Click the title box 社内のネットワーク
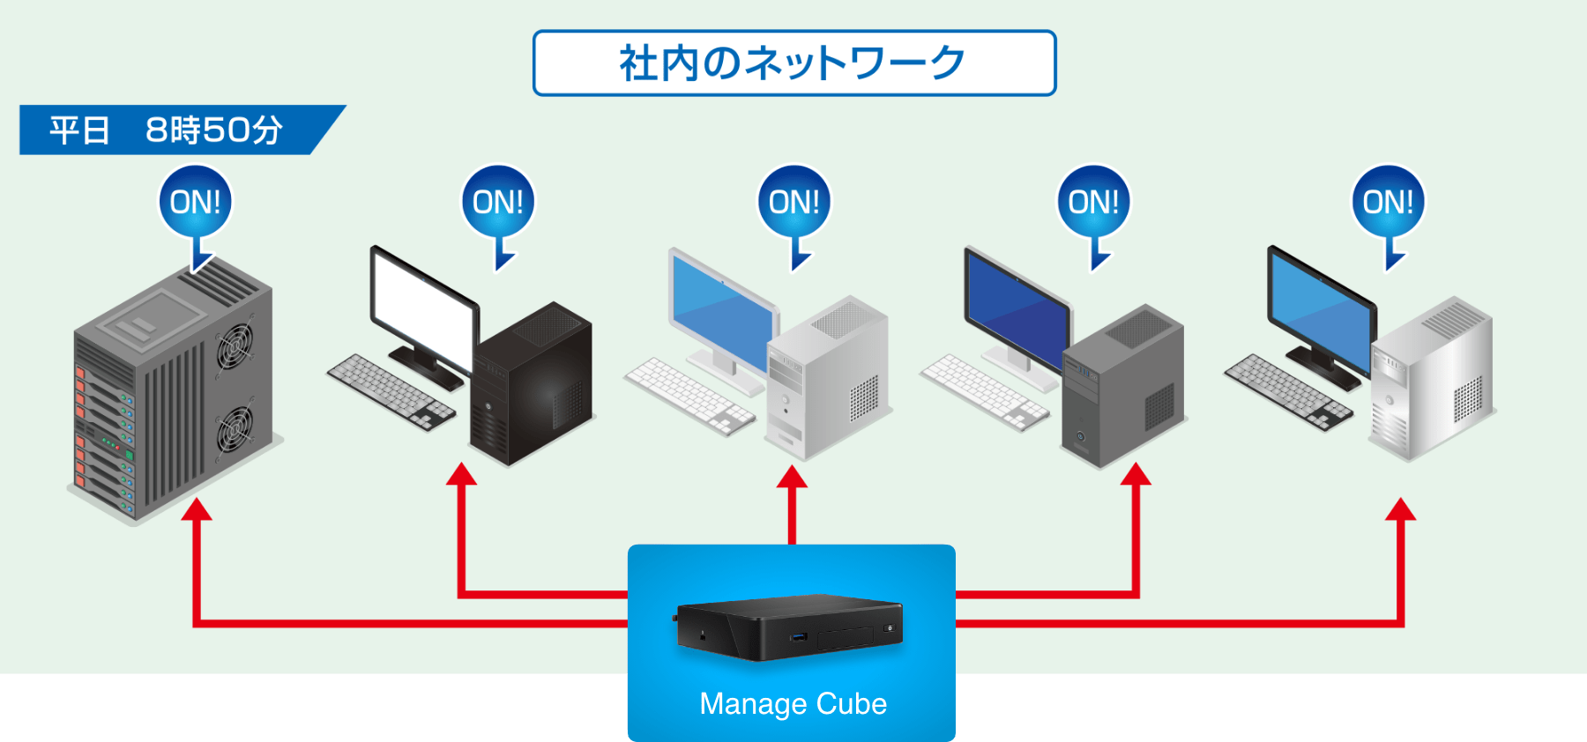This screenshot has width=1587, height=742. [x=793, y=63]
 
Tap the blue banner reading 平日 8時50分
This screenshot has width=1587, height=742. [x=168, y=130]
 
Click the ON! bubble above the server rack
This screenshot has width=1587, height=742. [x=195, y=203]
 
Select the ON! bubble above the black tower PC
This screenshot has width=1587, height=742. [x=498, y=203]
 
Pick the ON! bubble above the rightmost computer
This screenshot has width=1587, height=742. [x=1388, y=203]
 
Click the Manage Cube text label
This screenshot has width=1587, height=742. [x=793, y=704]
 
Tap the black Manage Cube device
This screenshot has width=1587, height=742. [x=789, y=627]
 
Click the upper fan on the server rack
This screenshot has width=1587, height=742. [x=235, y=345]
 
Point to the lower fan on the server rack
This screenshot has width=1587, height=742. [x=235, y=429]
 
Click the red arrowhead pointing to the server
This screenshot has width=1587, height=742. [x=197, y=509]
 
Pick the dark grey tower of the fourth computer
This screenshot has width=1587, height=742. [x=1124, y=388]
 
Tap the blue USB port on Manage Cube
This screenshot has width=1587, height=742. [x=800, y=635]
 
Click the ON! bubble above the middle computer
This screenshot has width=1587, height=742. [x=793, y=203]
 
